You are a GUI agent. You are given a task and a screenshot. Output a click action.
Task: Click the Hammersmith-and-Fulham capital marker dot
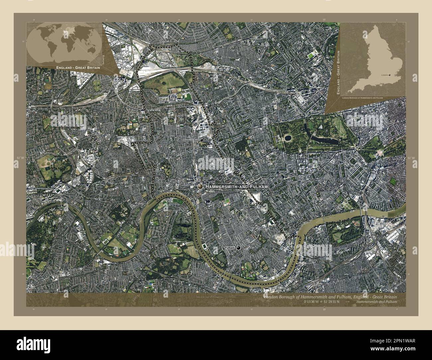point(200,187)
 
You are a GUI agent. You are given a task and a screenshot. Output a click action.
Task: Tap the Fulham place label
point(230,248)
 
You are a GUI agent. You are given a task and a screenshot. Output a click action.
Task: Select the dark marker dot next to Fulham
point(238,248)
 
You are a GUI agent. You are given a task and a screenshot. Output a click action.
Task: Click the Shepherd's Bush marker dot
point(201,140)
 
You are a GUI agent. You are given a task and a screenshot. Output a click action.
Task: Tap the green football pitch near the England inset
point(311,55)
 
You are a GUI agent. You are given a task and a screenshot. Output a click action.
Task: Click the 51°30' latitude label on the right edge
point(411,158)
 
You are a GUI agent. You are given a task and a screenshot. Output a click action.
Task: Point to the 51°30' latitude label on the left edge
point(20,158)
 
